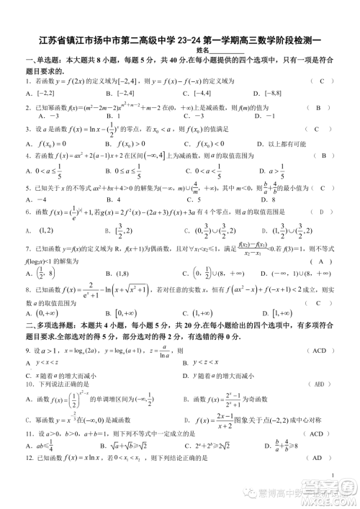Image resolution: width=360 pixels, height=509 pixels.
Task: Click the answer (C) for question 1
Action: (323, 81)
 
